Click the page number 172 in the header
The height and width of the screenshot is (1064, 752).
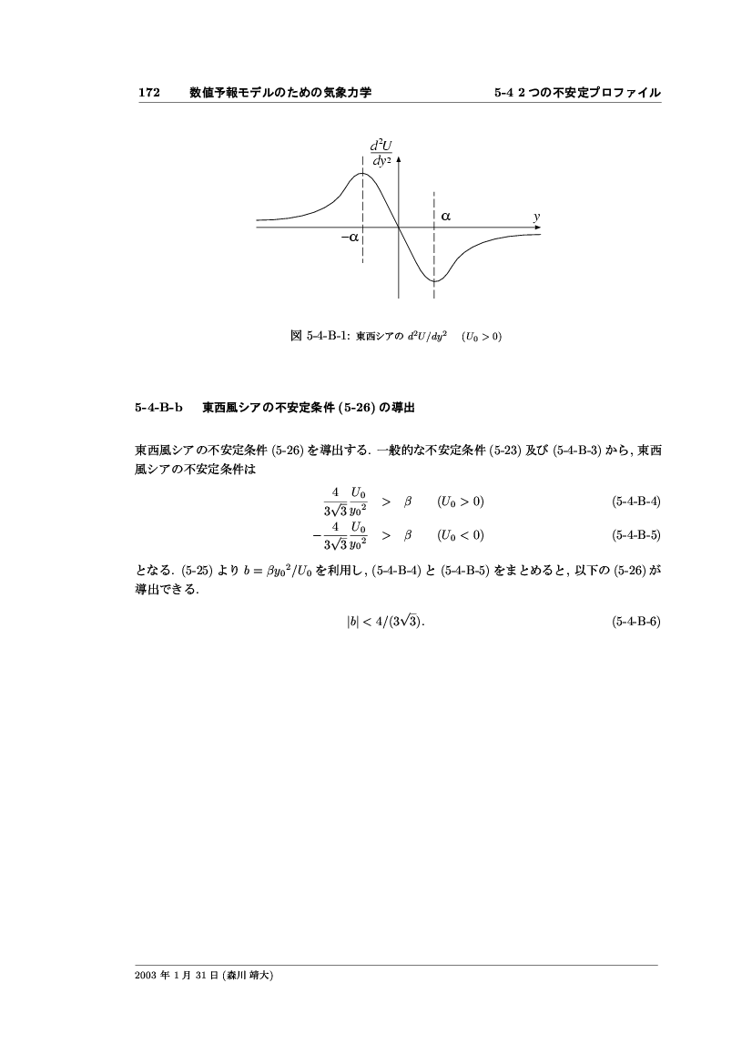(x=149, y=93)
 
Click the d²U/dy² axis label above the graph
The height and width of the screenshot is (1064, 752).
(x=381, y=152)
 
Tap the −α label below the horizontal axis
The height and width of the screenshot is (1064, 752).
(x=349, y=237)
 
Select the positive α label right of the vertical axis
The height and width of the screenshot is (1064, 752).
(x=446, y=217)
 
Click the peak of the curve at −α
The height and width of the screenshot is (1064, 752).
(x=362, y=172)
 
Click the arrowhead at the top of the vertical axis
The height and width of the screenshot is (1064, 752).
(x=399, y=158)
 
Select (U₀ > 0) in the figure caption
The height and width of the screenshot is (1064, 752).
(x=483, y=337)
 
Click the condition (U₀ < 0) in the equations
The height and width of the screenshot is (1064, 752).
(x=462, y=534)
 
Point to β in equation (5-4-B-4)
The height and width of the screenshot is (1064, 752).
(x=409, y=502)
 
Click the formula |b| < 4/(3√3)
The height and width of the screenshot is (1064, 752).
(x=380, y=623)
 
